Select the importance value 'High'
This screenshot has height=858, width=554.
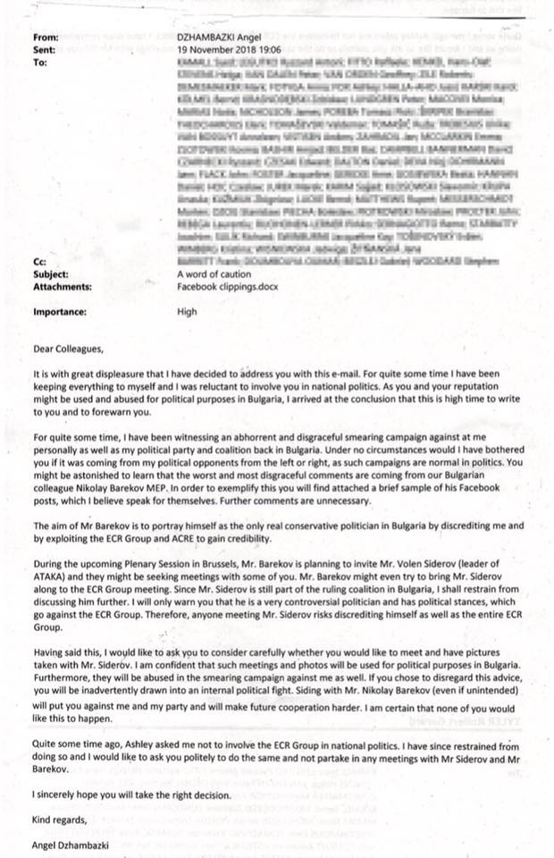(188, 313)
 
